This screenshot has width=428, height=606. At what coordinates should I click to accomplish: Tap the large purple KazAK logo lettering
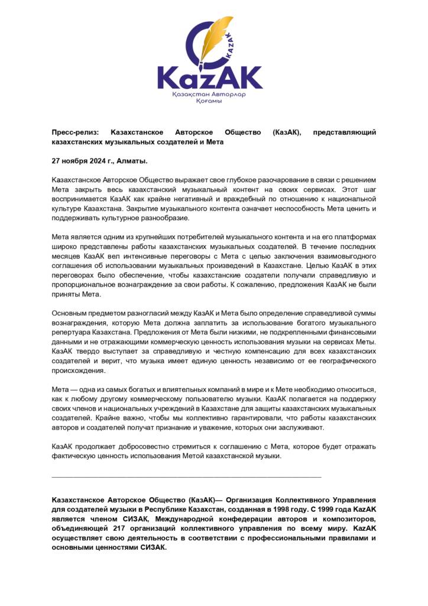point(210,78)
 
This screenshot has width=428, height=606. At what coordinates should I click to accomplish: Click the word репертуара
point(74,333)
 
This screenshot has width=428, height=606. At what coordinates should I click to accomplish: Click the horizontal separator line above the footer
point(187,476)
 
